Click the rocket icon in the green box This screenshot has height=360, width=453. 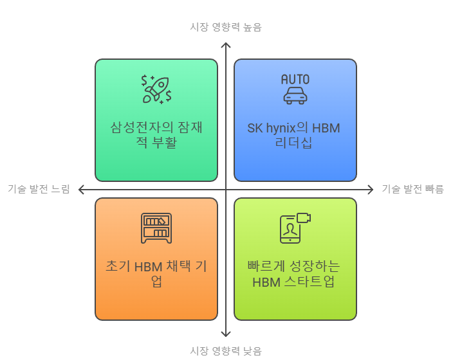pos(156,89)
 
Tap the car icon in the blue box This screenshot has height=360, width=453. pos(295,94)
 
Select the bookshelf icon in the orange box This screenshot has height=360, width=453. pos(156,228)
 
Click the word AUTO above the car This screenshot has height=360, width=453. pos(295,79)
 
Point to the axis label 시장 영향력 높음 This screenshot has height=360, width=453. pos(226,27)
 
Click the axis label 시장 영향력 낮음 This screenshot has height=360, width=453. pos(226,350)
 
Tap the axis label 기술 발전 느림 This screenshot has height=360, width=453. pos(39,189)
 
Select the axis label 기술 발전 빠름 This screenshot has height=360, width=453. pos(412,189)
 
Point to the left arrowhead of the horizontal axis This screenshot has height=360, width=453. pos(82,189)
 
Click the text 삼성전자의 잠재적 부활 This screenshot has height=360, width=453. pos(156,134)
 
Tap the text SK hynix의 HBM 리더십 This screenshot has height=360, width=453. pos(295,135)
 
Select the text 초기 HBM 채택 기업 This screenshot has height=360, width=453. pos(156,273)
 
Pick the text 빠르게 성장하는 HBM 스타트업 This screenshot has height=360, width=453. pos(295,273)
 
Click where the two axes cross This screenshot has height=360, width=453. pos(226,189)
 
